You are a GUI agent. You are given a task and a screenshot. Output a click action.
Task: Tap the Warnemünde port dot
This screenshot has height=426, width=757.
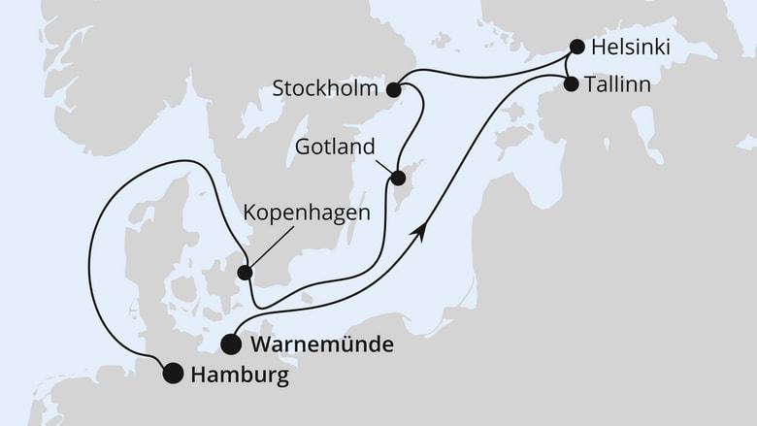[x=231, y=344]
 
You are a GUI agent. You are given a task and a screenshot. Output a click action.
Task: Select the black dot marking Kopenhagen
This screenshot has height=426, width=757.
[x=247, y=273]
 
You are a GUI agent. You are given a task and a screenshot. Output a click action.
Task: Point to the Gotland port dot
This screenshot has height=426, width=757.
[x=397, y=178]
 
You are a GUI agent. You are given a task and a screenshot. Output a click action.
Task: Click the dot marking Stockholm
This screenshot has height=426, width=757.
[x=394, y=90]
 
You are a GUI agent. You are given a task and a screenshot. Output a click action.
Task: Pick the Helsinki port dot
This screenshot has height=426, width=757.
[x=577, y=46]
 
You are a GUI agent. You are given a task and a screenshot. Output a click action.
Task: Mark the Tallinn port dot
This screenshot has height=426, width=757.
[x=570, y=83]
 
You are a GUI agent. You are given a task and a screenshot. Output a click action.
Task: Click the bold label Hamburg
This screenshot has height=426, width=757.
[x=239, y=375]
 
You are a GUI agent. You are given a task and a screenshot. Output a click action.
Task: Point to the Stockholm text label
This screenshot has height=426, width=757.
[x=326, y=90]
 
